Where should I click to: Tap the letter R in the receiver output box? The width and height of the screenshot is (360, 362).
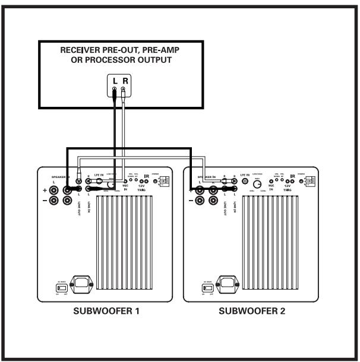tap(124, 79)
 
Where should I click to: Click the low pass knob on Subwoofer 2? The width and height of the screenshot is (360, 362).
tap(259, 185)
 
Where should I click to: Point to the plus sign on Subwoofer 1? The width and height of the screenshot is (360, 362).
tap(45, 190)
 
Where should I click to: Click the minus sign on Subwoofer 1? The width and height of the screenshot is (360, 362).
tap(45, 201)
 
